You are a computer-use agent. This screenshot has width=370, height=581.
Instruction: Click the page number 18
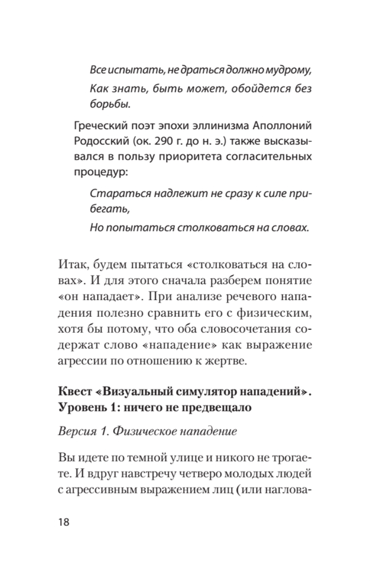(63, 522)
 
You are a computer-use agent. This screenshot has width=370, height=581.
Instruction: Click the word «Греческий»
(100, 127)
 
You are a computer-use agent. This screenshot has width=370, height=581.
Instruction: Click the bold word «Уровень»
(83, 407)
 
